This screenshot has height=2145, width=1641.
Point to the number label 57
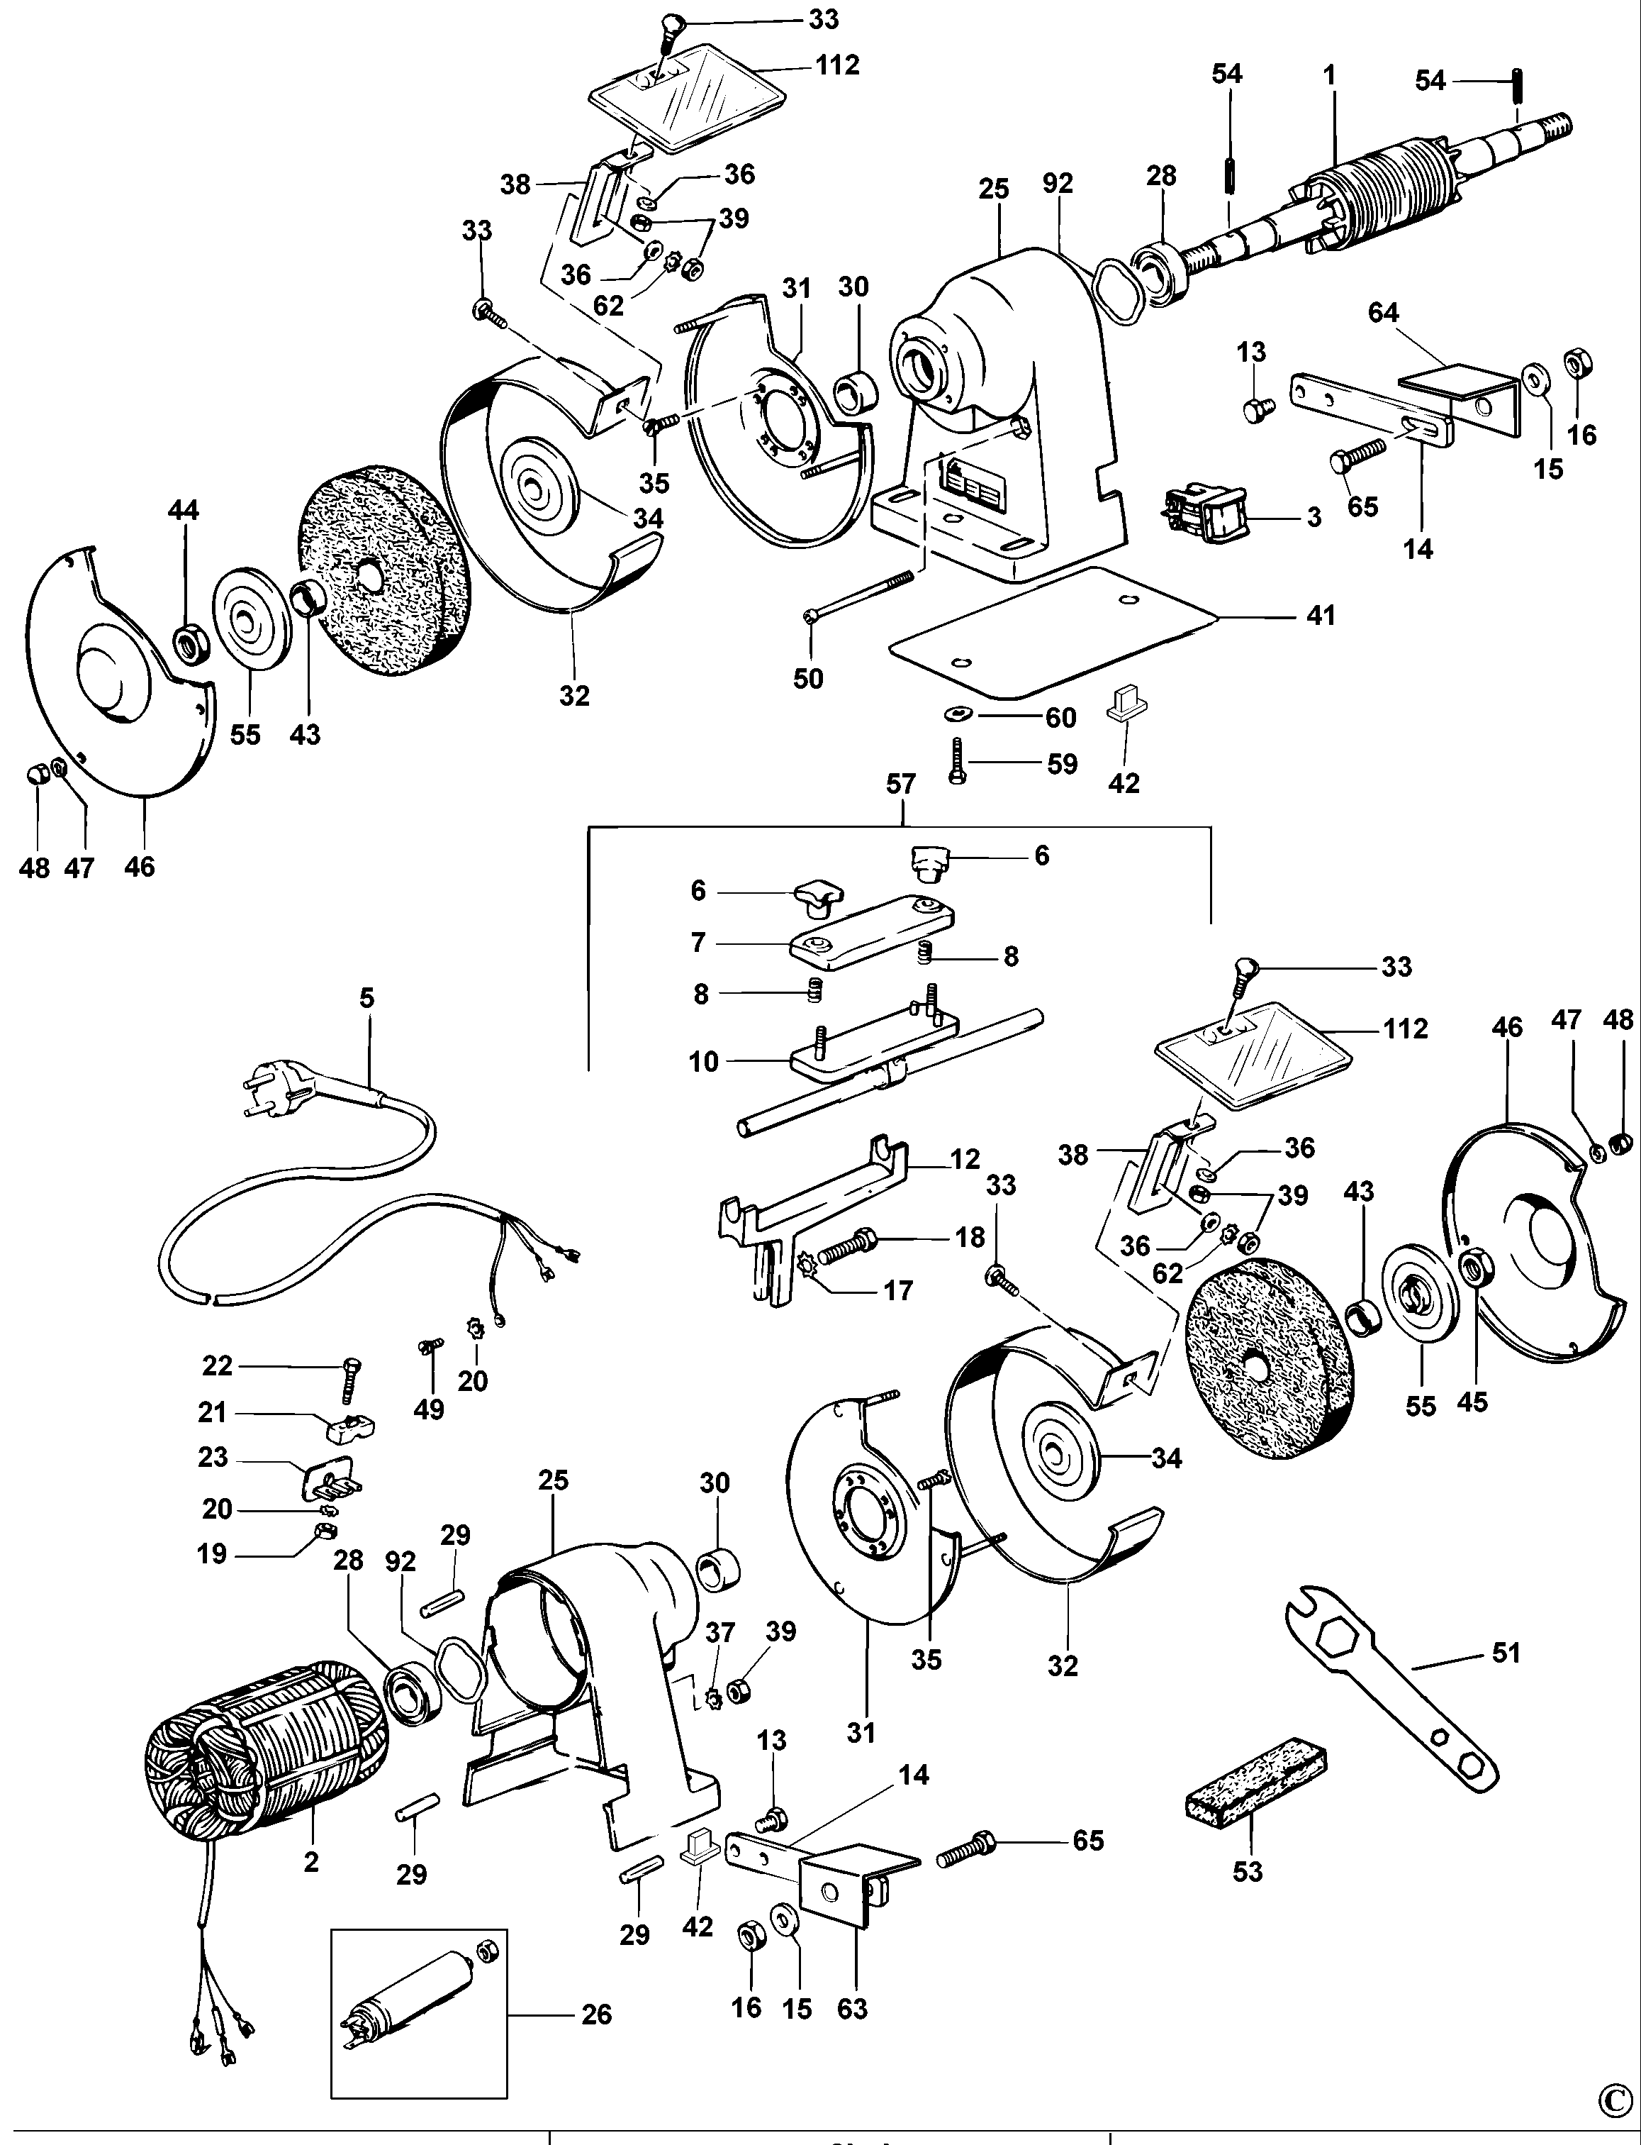[x=900, y=784]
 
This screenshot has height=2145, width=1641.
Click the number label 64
[x=1383, y=313]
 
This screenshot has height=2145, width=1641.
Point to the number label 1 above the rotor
[x=1329, y=75]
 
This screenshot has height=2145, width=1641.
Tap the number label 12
[x=964, y=1159]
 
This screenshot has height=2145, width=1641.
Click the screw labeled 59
[x=956, y=763]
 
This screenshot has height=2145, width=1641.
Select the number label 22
[x=217, y=1365]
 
